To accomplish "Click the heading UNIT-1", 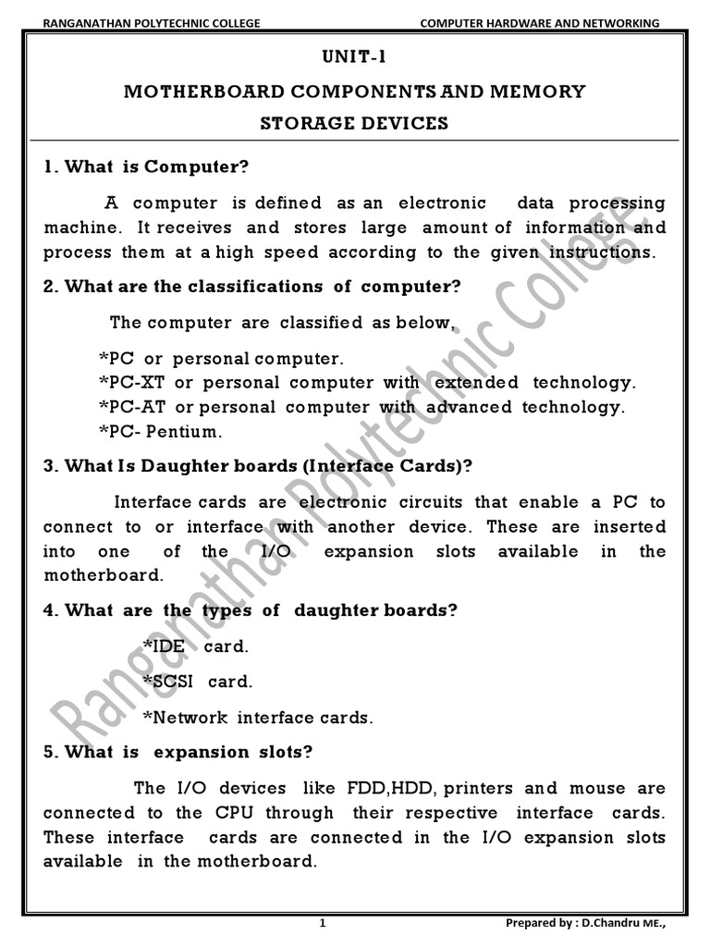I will (x=355, y=58).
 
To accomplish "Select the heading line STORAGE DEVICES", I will (x=355, y=123).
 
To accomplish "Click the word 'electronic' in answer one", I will (x=442, y=203).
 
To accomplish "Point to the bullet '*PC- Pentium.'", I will (x=160, y=430).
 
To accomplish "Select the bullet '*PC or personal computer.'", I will (x=220, y=358).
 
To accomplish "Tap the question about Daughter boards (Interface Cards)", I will (x=258, y=467).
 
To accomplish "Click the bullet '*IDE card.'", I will (x=195, y=646).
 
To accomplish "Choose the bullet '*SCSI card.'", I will (x=197, y=682).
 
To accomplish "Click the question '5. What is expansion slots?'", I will (x=173, y=752).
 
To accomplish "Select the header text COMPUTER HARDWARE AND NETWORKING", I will (x=540, y=22).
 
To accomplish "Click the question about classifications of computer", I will (x=252, y=287).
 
